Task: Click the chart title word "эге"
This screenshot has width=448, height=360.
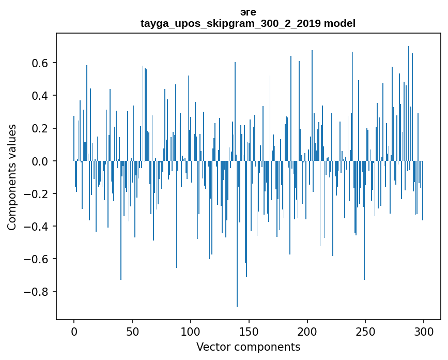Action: click(248, 12)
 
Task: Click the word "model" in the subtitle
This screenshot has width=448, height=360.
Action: click(339, 24)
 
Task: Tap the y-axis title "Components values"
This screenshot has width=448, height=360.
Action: click(12, 177)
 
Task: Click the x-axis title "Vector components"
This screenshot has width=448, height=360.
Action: click(248, 347)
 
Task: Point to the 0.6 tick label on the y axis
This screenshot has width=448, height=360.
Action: click(41, 63)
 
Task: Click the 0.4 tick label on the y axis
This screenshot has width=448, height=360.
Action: click(41, 96)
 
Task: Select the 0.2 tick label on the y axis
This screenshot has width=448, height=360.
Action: click(41, 128)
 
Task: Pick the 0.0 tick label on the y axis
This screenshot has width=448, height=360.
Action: click(41, 161)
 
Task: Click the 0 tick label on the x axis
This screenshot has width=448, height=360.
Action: click(74, 331)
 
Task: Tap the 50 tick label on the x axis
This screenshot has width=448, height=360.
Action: click(132, 331)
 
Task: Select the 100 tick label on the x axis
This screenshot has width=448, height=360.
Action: click(191, 331)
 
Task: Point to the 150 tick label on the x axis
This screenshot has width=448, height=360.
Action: click(249, 331)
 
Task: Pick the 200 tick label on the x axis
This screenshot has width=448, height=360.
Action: click(307, 331)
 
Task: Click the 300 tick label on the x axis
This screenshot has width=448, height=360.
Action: click(424, 331)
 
